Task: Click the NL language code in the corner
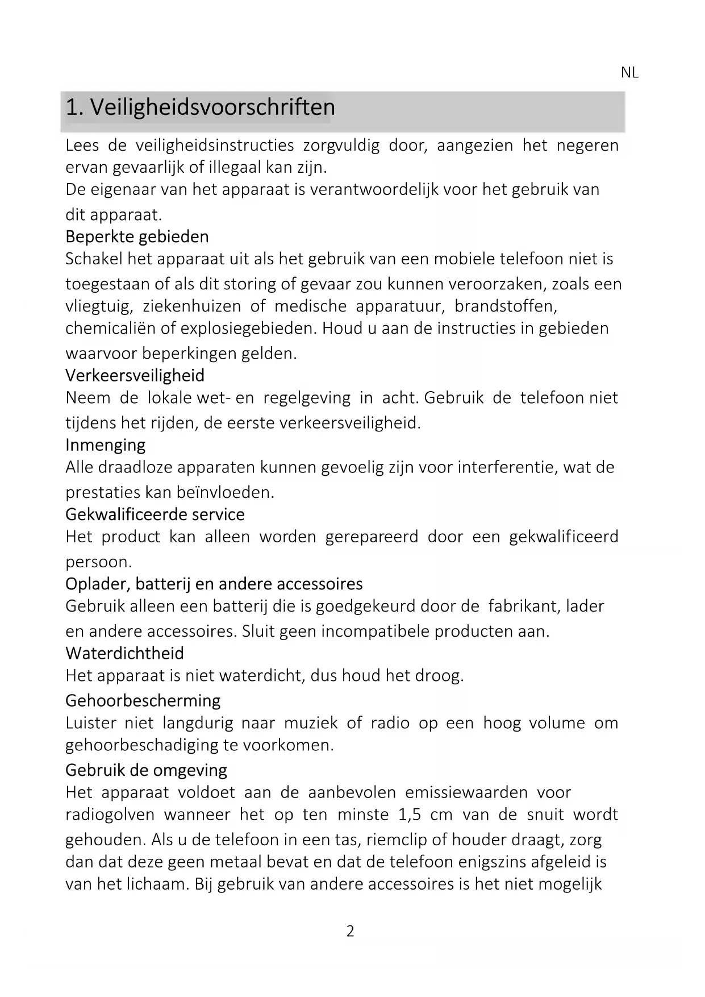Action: click(x=629, y=73)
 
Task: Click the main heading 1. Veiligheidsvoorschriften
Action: click(x=200, y=107)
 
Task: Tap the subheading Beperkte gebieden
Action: click(x=137, y=236)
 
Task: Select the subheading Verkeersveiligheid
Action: click(x=135, y=376)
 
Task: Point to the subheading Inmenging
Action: click(x=105, y=445)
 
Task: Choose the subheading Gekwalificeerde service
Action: click(x=155, y=514)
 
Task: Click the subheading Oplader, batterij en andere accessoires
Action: click(x=214, y=584)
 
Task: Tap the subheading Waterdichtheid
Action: click(x=124, y=654)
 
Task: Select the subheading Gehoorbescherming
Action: click(x=143, y=701)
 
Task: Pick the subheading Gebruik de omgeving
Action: click(x=146, y=770)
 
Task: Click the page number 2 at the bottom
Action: click(x=351, y=931)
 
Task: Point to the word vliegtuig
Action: click(x=98, y=307)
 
